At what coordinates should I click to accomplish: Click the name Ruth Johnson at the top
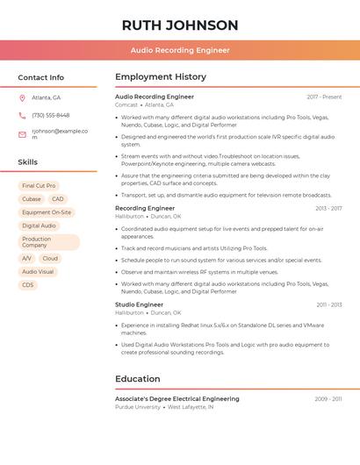(x=180, y=25)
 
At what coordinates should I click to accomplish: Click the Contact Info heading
(x=40, y=77)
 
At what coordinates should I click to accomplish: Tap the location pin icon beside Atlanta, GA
(x=22, y=97)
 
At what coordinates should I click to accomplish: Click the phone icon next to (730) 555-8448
(x=22, y=115)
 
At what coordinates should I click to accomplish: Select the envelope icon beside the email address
(x=22, y=134)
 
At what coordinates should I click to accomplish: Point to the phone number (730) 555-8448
(x=50, y=115)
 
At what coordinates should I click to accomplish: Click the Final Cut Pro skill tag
(x=39, y=186)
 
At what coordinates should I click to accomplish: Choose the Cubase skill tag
(x=31, y=199)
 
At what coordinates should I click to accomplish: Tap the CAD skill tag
(x=58, y=199)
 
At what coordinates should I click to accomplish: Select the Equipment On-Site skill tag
(x=47, y=212)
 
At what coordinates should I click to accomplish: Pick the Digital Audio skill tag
(x=39, y=225)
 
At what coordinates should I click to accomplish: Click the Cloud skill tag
(x=50, y=259)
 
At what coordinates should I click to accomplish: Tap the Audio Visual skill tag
(x=38, y=272)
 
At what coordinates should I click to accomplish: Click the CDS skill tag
(x=28, y=285)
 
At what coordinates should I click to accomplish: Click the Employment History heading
(x=161, y=77)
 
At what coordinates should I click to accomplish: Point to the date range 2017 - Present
(x=324, y=97)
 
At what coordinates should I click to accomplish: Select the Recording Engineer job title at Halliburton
(x=145, y=208)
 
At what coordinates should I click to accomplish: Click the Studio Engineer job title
(x=139, y=304)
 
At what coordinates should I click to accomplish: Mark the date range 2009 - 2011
(x=328, y=399)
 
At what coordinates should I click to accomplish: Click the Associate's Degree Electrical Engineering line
(x=176, y=399)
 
